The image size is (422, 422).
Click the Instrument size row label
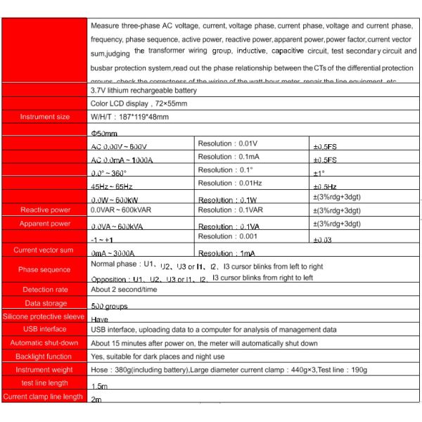click(x=45, y=117)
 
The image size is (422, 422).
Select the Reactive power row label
click(x=45, y=210)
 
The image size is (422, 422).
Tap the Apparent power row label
click(x=45, y=224)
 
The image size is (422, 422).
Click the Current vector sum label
click(x=44, y=250)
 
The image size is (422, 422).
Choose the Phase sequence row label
click(x=45, y=269)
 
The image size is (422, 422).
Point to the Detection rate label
click(x=45, y=290)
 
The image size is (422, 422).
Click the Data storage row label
click(x=45, y=303)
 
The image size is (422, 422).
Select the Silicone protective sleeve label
click(x=44, y=316)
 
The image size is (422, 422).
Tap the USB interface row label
click(x=45, y=329)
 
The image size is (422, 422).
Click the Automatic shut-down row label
click(x=44, y=343)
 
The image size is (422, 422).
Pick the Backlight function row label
click(x=45, y=357)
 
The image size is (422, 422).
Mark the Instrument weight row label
click(x=44, y=370)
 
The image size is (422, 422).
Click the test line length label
click(x=44, y=383)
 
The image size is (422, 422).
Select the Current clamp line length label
click(x=44, y=397)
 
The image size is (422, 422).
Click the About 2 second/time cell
click(x=124, y=289)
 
